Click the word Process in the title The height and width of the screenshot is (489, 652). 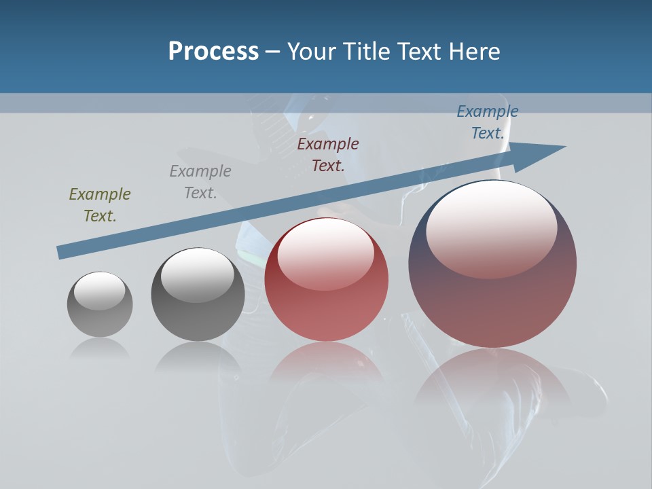point(213,52)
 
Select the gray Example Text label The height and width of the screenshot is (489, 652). point(200,182)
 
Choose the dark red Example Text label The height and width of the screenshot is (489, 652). point(328,154)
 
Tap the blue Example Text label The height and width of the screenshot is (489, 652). point(488,122)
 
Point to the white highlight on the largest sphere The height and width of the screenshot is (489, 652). point(492,228)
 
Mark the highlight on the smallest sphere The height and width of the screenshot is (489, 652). point(100,291)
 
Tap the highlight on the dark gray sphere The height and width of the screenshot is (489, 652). point(198,275)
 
